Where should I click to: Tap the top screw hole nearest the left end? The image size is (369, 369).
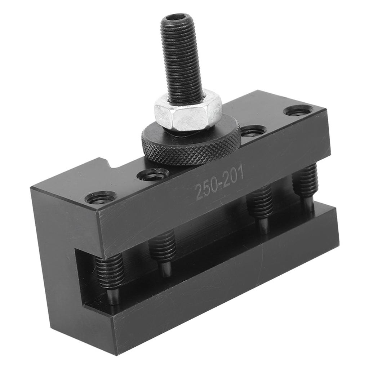101,197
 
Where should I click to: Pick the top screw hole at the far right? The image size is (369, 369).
298,110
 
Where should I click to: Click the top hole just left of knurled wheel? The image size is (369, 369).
153,174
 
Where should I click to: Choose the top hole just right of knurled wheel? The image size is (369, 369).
253,130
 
